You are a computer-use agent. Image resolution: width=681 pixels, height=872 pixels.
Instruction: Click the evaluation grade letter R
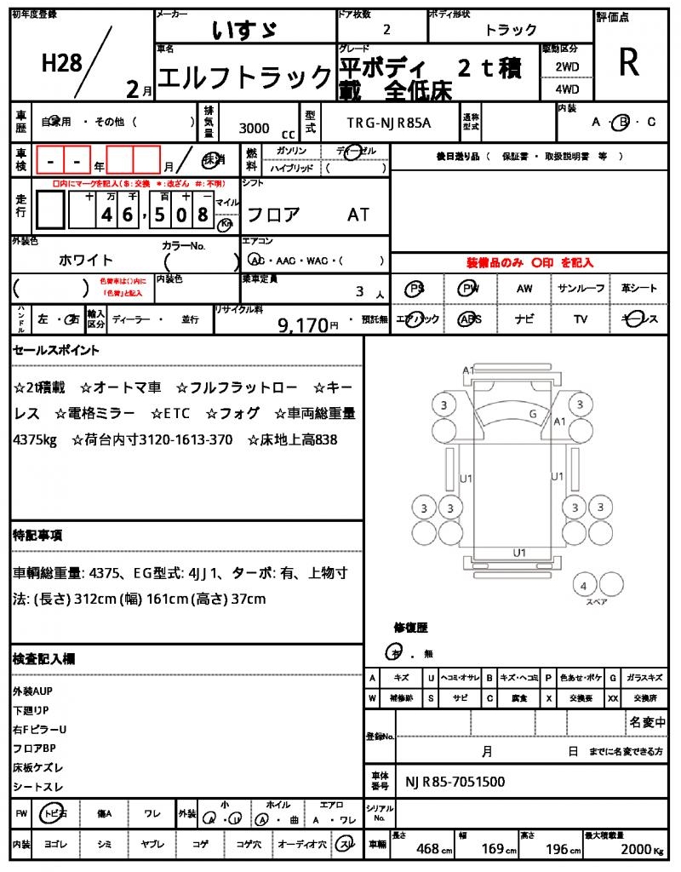point(628,62)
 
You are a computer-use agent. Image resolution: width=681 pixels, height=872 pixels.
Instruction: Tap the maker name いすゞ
point(243,30)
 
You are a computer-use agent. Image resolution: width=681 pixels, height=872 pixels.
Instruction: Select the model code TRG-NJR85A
point(388,123)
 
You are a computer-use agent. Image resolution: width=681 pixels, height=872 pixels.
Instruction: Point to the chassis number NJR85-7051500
point(455,782)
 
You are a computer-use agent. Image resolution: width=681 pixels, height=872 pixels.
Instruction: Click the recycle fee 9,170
point(302,324)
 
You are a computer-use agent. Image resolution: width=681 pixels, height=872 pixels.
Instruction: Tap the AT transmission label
point(358,215)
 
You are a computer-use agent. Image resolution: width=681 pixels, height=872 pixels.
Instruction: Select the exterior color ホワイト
point(86,260)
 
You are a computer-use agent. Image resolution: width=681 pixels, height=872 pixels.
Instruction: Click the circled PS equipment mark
point(415,289)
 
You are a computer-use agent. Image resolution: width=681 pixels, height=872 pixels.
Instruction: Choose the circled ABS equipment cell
point(469,319)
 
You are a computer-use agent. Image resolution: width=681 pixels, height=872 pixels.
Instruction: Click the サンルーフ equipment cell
point(581,289)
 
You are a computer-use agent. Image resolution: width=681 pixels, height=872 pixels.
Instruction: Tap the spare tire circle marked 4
point(583,586)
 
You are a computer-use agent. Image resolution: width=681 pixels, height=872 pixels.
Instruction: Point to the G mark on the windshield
point(532,414)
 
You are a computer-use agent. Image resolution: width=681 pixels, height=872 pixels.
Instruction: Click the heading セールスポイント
point(56,350)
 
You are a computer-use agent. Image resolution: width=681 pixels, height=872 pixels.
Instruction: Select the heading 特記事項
point(37,536)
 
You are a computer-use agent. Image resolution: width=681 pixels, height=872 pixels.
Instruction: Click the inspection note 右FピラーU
point(40,729)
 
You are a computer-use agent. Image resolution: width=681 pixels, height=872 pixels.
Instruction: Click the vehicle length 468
point(427,849)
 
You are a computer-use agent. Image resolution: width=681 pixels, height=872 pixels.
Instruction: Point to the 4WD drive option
point(567,89)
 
